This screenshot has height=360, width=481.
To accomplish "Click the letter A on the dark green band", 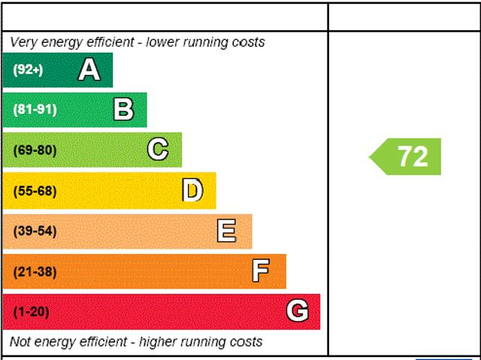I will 89,70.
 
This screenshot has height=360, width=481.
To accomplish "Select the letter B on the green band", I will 123,110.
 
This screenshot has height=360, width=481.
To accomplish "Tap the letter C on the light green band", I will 158,150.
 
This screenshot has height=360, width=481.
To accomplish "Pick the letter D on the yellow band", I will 192,190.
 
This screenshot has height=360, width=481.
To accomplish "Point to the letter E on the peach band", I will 226,231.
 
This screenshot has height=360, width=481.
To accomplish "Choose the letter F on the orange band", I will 261,271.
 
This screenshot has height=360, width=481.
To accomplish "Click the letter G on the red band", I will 298,311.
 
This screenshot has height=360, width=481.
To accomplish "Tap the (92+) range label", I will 28,70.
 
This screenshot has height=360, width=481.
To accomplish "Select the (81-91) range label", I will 35,110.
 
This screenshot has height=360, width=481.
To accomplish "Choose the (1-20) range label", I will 31,311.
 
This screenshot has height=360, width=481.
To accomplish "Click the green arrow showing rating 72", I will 407,156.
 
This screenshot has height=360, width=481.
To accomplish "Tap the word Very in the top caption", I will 23,42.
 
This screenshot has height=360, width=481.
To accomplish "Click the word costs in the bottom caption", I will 246,342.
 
